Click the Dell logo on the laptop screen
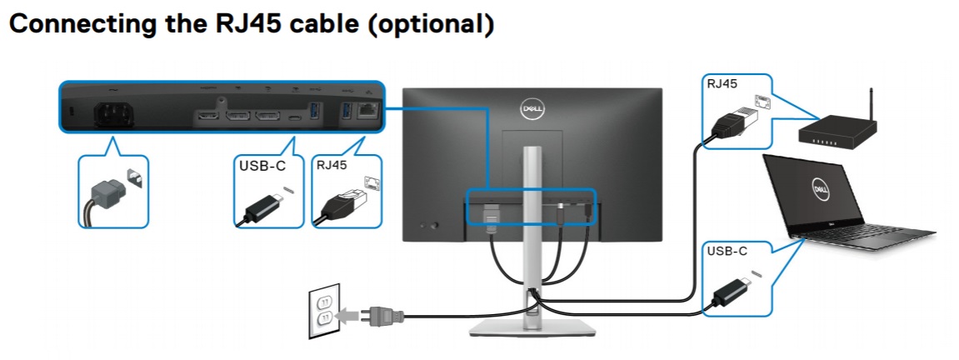817,189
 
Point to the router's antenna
869,104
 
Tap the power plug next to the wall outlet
379,316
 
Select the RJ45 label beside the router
722,83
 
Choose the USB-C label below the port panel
262,166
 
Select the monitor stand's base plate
531,327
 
